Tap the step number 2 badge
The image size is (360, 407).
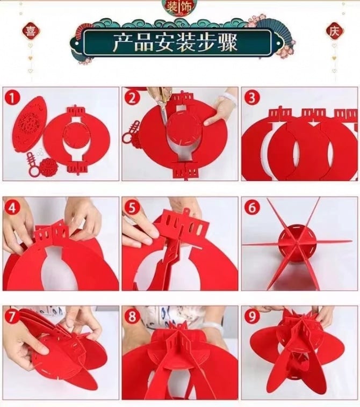coord(132,98)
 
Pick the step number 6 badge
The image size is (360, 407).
coord(251,207)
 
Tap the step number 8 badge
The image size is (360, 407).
coord(132,316)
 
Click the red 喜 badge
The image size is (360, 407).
coord(31,31)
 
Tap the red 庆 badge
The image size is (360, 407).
coord(335,31)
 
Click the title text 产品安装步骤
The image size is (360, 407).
coord(176,42)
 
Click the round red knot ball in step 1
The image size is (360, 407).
coord(47,165)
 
